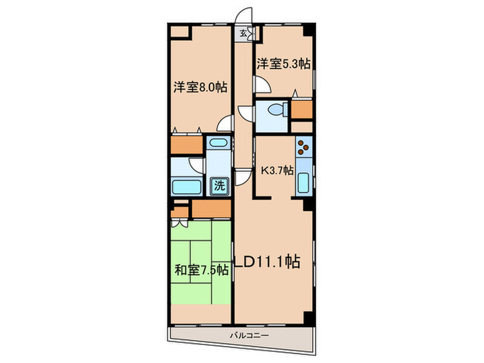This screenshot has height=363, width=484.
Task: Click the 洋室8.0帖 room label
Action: (x=200, y=88)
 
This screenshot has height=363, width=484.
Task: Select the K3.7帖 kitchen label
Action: (x=277, y=170)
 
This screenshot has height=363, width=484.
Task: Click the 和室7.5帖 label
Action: (x=201, y=270)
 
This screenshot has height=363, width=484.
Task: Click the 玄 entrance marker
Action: (x=244, y=32)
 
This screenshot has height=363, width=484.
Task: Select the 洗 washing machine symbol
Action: (x=218, y=185)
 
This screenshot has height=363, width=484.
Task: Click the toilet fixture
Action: (x=277, y=110)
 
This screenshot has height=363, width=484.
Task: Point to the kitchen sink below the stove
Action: (x=304, y=183)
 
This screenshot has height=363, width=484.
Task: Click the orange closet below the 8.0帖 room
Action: (x=186, y=145)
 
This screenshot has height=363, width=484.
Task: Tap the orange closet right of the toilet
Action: (x=302, y=109)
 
